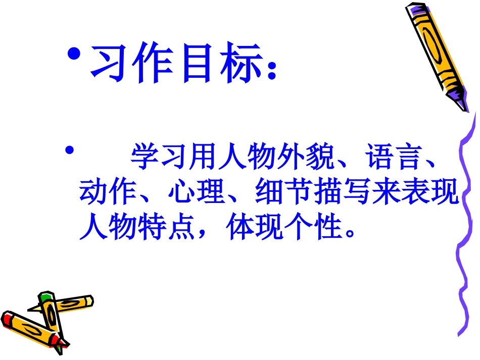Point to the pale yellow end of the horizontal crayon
pyautogui.click(x=89, y=300)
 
